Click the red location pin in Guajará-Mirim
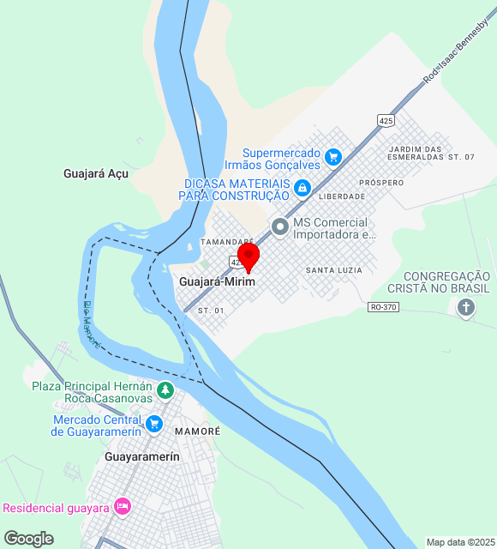pyautogui.click(x=248, y=256)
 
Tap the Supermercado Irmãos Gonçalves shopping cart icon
pyautogui.click(x=334, y=157)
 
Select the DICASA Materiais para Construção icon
pyautogui.click(x=302, y=188)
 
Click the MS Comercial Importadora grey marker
pyautogui.click(x=279, y=227)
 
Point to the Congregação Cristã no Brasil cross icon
pyautogui.click(x=466, y=309)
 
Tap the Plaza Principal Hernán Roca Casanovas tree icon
pyautogui.click(x=165, y=391)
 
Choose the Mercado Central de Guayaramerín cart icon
pyautogui.click(x=154, y=424)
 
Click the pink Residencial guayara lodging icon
pyautogui.click(x=122, y=507)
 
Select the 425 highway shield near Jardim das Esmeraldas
pyautogui.click(x=386, y=122)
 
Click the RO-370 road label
pyautogui.click(x=385, y=306)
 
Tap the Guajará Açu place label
pyautogui.click(x=95, y=173)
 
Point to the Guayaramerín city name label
pyautogui.click(x=142, y=457)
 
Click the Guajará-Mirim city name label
pyautogui.click(x=218, y=281)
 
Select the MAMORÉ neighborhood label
pyautogui.click(x=197, y=431)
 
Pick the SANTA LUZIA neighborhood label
pyautogui.click(x=333, y=270)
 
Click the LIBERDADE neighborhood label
pyautogui.click(x=341, y=196)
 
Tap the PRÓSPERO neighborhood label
pyautogui.click(x=381, y=183)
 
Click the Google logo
pyautogui.click(x=28, y=539)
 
